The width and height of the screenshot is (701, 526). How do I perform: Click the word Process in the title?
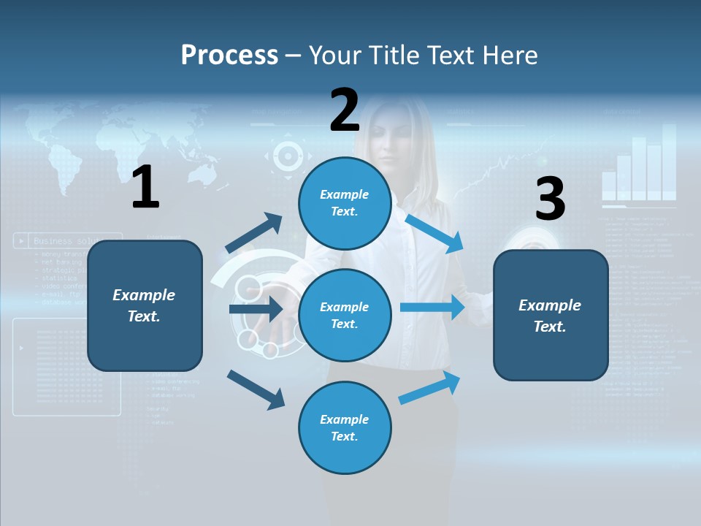229,55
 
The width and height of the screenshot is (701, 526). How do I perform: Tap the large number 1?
145,188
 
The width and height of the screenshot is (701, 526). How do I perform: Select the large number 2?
345,110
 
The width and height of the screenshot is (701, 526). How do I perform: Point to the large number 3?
550,199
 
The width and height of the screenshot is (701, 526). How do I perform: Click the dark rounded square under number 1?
145,305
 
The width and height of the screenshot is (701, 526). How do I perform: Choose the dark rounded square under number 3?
551,315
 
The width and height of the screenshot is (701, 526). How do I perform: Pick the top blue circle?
345,203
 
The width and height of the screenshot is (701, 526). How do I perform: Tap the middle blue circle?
345,315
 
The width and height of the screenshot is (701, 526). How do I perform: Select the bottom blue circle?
345,427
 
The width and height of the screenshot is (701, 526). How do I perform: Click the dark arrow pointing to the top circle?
254,233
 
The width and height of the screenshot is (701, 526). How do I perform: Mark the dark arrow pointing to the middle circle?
256,309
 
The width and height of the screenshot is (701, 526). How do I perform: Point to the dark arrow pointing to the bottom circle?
256,389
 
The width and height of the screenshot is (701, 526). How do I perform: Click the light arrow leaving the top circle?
434,233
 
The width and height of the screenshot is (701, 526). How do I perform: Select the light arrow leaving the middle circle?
432,308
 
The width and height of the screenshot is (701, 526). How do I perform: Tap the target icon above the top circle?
288,156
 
